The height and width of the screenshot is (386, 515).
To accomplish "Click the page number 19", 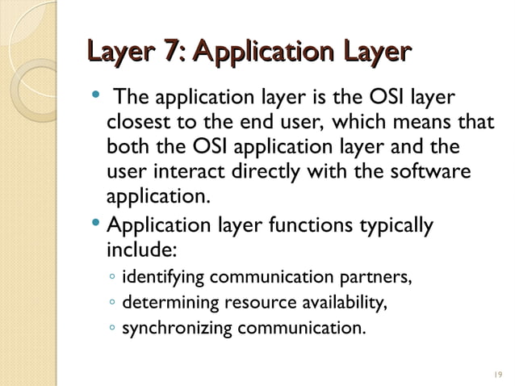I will click(x=496, y=374).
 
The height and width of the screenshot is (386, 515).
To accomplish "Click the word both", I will click(x=125, y=149).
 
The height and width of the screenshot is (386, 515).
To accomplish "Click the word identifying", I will click(x=164, y=279).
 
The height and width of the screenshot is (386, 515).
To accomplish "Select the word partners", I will click(x=377, y=279).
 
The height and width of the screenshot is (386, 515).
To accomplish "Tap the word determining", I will click(x=168, y=304).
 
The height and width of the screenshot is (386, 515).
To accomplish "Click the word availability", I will click(x=339, y=304).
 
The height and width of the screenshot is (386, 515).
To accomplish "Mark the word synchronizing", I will click(x=177, y=329).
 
